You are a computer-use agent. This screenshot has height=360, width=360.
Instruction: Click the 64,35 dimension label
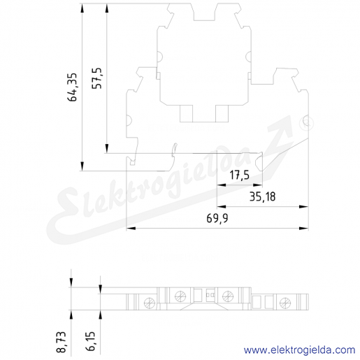(x=72, y=87)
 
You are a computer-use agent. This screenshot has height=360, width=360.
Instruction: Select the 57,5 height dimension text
(x=97, y=78)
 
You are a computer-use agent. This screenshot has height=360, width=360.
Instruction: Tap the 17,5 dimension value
(x=239, y=175)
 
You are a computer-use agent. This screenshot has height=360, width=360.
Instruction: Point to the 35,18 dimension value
(x=262, y=196)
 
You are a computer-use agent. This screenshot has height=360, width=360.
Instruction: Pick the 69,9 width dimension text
(x=217, y=219)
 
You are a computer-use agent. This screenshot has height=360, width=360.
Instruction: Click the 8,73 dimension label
(x=62, y=342)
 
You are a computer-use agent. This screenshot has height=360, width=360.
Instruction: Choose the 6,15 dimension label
(x=91, y=341)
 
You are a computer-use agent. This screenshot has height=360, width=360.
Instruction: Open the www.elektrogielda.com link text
(x=299, y=350)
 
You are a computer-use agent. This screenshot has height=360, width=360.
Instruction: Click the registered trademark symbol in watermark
(x=307, y=123)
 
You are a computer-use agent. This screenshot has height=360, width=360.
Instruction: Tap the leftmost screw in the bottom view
(x=150, y=303)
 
